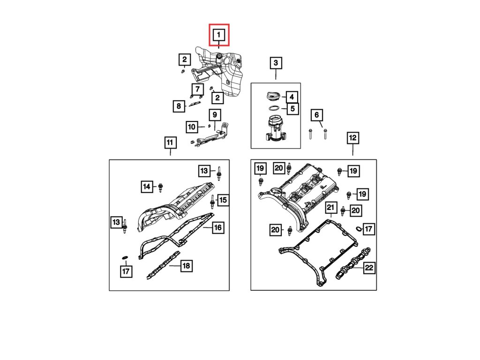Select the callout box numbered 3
275,63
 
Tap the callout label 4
291,97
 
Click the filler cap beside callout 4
272,96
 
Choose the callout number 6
316,115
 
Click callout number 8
179,106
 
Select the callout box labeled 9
214,114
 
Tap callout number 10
192,127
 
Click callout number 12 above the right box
352,138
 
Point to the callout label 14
147,187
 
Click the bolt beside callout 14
161,187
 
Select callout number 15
222,200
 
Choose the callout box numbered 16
217,228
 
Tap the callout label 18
186,266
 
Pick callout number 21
331,207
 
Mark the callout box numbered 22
369,268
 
